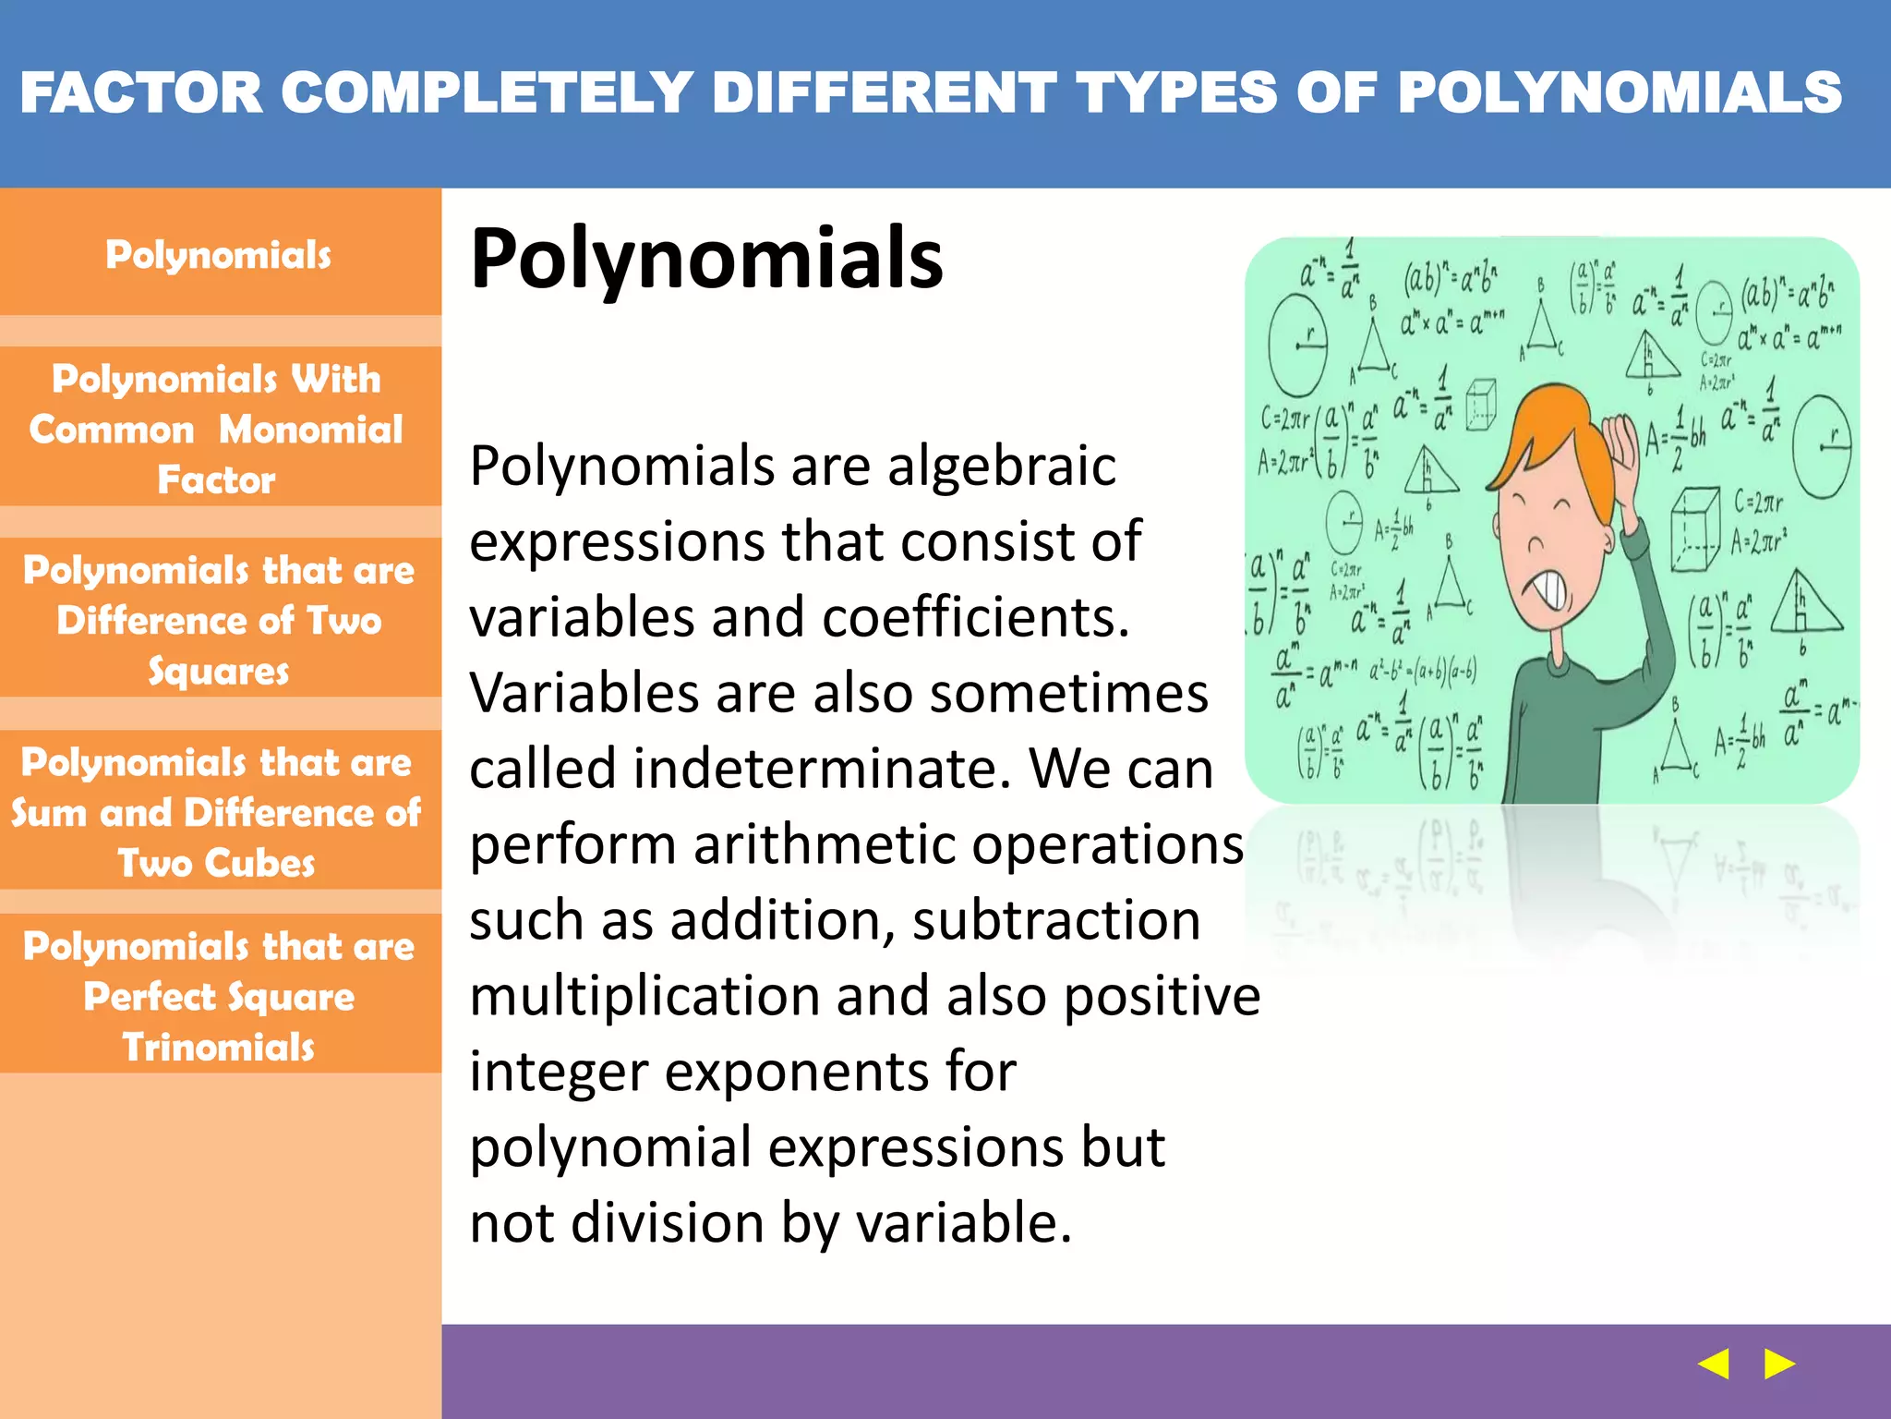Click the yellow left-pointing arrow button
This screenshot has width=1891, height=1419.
point(1714,1364)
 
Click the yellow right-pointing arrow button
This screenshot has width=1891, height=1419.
point(1779,1364)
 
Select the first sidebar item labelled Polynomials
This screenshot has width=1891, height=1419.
point(219,255)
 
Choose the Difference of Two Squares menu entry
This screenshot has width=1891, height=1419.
point(219,620)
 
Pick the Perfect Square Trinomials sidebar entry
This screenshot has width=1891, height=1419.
point(219,997)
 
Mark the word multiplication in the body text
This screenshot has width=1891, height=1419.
point(644,996)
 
